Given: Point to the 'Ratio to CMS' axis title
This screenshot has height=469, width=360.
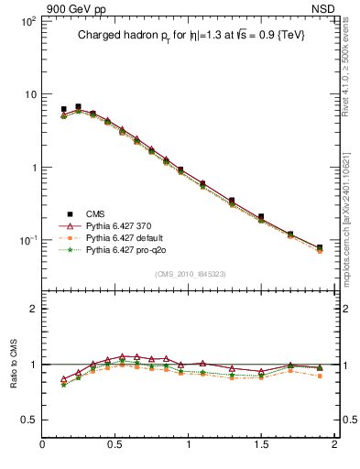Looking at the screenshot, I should [15, 364].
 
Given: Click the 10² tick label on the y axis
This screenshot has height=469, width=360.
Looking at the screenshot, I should [27, 21].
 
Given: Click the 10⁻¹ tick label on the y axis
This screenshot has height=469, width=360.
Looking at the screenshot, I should [27, 240].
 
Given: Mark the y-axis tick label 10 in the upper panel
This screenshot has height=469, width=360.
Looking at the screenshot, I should [29, 94].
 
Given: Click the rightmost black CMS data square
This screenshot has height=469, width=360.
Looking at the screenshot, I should [320, 247].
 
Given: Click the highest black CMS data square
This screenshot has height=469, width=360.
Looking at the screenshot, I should [78, 106].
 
